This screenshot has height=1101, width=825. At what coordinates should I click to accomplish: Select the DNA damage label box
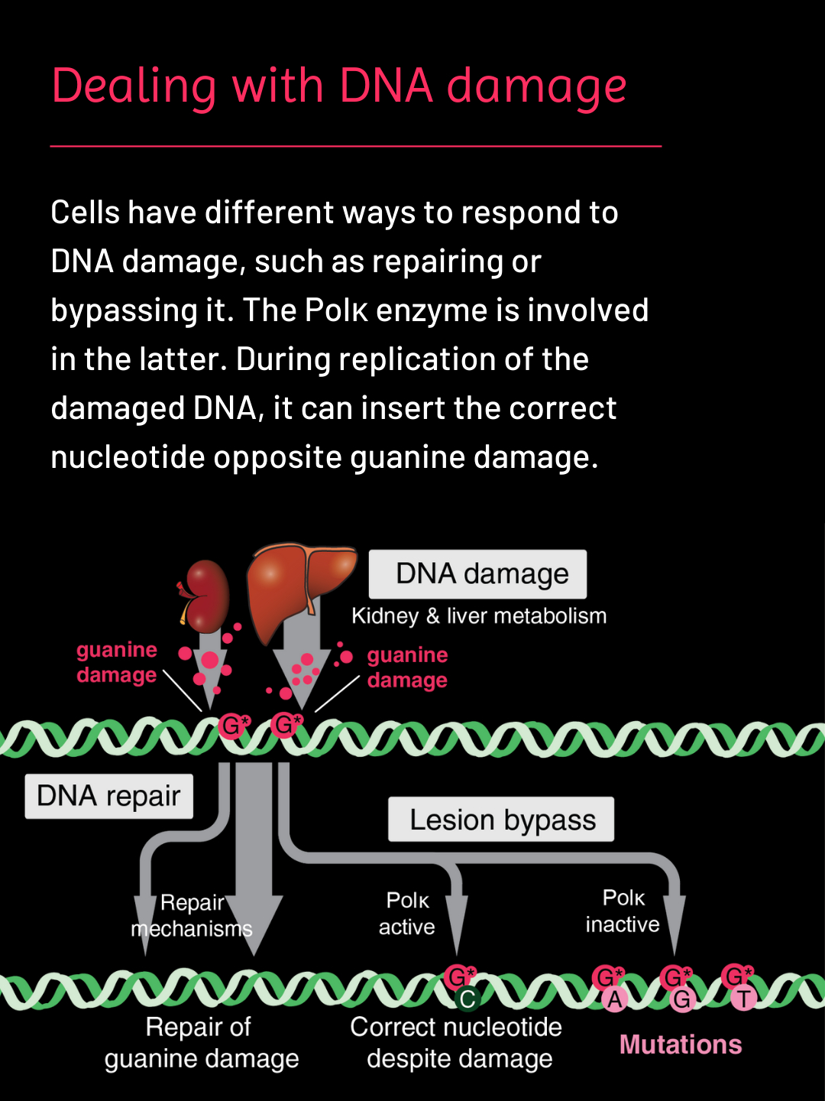478,574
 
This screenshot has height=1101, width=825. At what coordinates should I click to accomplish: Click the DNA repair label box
108,797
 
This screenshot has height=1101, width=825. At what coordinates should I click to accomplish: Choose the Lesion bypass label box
501,820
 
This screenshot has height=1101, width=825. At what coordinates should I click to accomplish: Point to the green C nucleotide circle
467,999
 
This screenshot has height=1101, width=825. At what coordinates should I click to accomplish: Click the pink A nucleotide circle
615,999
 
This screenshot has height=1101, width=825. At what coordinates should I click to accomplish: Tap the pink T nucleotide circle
743,998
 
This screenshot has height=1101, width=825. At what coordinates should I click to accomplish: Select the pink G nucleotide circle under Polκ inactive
681,999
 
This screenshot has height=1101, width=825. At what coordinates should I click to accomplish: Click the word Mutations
681,1044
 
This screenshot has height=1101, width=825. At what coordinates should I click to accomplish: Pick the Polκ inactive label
623,911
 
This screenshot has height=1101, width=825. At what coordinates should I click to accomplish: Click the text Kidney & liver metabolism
479,616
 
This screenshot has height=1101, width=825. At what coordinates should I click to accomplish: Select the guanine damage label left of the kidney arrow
117,662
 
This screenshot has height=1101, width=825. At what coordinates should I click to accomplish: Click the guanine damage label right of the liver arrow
407,667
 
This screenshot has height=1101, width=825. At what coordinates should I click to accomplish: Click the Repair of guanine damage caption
201,1043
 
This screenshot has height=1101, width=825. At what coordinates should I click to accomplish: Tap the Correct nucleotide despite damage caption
457,1043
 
